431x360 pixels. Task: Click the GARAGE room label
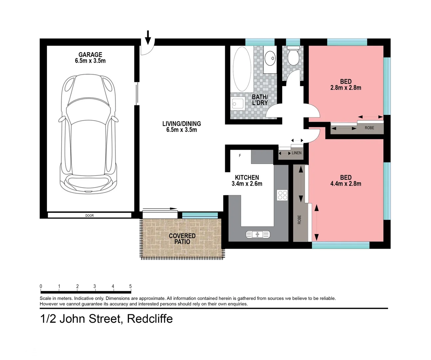90,55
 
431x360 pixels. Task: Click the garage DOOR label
90,216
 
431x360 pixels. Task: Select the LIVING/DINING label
182,124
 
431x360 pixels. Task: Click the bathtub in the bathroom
242,69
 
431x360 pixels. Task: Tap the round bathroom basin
270,58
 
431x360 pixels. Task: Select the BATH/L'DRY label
260,100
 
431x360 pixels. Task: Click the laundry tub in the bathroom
238,104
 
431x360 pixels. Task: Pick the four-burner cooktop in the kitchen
282,195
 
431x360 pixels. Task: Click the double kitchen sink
258,234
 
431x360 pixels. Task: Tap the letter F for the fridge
240,156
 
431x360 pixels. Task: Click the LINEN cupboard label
296,153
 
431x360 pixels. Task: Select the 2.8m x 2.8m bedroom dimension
346,88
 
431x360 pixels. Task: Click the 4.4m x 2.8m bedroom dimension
346,184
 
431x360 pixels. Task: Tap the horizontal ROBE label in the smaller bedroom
369,128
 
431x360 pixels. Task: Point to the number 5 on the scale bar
130,286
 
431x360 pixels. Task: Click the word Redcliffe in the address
150,319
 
